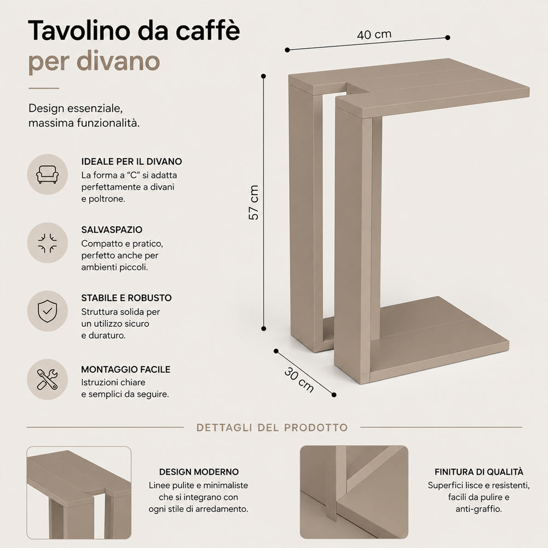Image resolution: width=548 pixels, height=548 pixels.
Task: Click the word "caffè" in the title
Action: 207,31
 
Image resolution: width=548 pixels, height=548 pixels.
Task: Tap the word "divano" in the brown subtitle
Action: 118,61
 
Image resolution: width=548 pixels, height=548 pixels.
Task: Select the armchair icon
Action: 48,175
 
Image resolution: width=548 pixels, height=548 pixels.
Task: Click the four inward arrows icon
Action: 48,243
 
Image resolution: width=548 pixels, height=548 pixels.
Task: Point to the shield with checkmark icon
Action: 48,311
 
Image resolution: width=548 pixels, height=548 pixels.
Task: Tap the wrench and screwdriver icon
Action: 48,379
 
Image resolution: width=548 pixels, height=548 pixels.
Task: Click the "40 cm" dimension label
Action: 374,34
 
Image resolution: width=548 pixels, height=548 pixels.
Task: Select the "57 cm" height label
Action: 253,203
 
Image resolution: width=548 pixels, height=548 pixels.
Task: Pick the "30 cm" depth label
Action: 299,380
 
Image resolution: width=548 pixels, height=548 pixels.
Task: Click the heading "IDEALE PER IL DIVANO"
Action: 131,161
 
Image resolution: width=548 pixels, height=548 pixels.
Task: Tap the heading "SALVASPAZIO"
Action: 112,229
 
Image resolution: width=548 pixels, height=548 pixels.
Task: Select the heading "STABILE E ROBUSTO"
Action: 126,298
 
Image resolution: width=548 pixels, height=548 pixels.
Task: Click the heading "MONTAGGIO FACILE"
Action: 126,370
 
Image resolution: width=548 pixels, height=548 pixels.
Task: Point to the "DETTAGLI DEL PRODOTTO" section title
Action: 272,428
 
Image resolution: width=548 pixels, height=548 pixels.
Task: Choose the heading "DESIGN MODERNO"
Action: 199,472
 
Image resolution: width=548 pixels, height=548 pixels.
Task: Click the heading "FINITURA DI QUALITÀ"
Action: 479,472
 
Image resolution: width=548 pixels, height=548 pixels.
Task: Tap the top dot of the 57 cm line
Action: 263,76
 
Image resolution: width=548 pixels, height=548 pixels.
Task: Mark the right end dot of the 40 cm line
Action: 448,37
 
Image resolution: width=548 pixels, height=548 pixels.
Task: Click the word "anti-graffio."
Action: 478,509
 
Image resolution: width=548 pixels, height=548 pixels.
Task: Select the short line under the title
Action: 44,89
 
